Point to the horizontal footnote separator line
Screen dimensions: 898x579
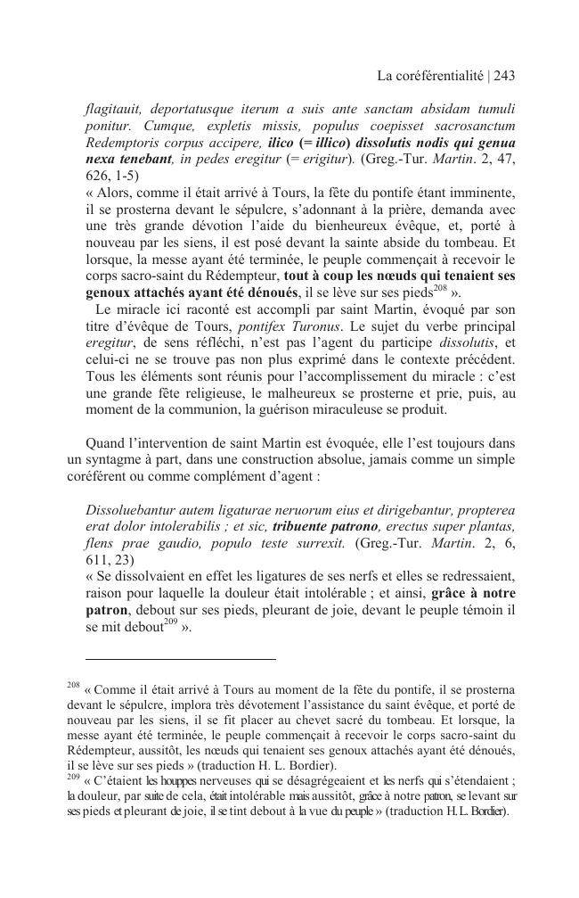click(x=171, y=660)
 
